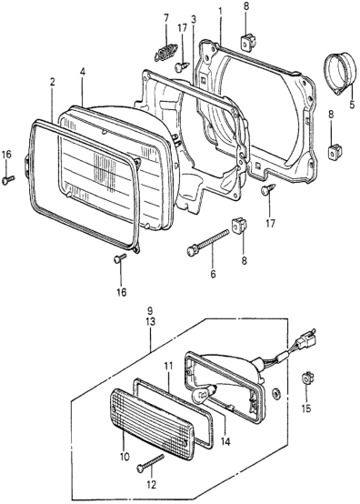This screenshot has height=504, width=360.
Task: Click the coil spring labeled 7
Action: coord(165,52)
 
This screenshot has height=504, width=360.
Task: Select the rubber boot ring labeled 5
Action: coord(339,74)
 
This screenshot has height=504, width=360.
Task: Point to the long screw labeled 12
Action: coord(150,463)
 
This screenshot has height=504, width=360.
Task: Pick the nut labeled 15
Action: coord(306,378)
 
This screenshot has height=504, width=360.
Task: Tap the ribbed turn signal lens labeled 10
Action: coord(152,424)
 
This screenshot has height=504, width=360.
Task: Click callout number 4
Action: coord(83,72)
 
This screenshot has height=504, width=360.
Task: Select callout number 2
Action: coord(52,82)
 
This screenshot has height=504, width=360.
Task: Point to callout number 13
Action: coord(150,321)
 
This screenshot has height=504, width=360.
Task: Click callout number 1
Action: coord(220,11)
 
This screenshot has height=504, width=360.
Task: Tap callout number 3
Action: coord(194,19)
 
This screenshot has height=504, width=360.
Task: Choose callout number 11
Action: coord(168,366)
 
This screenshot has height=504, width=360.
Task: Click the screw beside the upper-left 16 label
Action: coord(8,180)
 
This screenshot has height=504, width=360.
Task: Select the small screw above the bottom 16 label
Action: coord(120,258)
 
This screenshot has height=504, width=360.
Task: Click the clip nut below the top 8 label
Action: coord(247,41)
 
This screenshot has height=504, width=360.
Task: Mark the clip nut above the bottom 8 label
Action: coord(239,227)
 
